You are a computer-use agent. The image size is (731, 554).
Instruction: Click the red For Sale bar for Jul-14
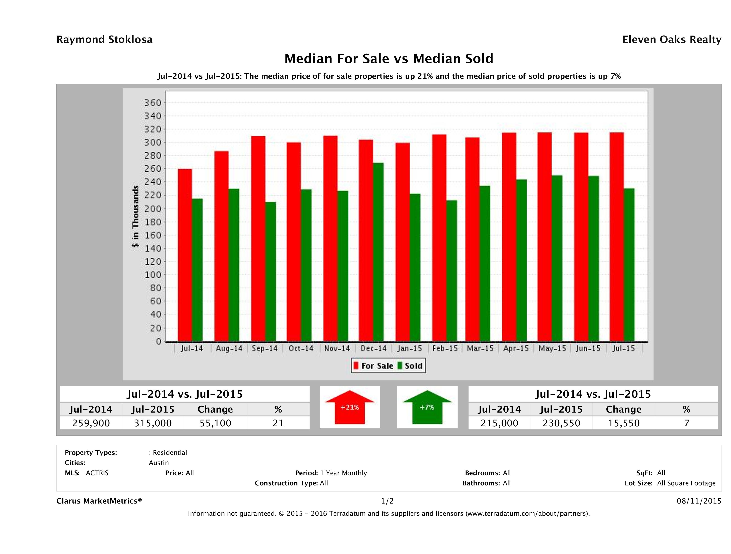(x=185, y=255)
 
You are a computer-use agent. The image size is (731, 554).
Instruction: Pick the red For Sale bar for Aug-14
(x=221, y=246)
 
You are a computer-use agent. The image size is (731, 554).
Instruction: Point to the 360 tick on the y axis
(x=153, y=103)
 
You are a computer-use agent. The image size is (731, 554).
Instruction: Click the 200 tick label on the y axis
(x=153, y=209)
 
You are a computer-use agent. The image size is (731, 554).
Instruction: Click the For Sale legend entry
(x=374, y=366)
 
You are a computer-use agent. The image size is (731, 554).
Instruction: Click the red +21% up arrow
(x=350, y=407)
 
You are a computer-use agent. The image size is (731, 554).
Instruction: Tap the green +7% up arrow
(x=427, y=407)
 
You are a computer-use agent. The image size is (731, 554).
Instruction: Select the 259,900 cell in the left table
(x=91, y=423)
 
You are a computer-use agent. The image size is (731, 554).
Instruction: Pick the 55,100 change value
(x=215, y=423)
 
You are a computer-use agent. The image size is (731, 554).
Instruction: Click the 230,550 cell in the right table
(x=561, y=423)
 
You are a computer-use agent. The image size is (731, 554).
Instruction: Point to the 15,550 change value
(x=624, y=423)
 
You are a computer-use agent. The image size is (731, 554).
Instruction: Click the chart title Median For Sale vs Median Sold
(x=389, y=59)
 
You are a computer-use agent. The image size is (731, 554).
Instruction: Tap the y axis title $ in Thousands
(x=135, y=216)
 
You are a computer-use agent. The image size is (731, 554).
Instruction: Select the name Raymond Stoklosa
(x=104, y=40)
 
